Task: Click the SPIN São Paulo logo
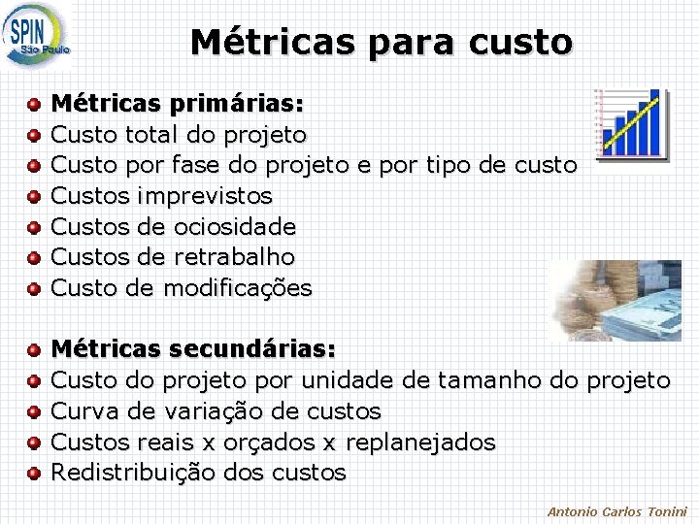point(37,36)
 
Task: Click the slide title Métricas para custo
point(382,42)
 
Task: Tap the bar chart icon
point(631,122)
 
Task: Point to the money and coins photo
point(614,300)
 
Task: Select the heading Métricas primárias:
point(177,102)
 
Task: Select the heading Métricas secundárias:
point(193,348)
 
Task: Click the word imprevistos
point(205,196)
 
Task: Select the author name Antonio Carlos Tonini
point(616,511)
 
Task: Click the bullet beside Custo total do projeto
point(34,135)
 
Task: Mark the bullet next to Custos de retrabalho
point(34,258)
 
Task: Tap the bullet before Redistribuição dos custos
point(34,474)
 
